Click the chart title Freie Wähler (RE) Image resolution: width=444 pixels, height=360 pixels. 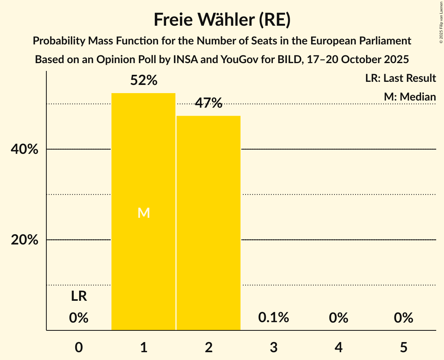tap(222, 20)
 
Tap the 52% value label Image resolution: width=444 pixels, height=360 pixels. tap(143, 81)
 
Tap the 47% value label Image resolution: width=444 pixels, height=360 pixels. tap(209, 103)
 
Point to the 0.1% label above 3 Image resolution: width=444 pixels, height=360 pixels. tap(274, 318)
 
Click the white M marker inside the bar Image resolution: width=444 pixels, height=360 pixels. tap(143, 213)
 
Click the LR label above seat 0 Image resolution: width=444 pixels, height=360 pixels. tap(79, 296)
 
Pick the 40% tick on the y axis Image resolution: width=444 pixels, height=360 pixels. tap(25, 150)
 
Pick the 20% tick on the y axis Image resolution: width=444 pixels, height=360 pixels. tap(25, 240)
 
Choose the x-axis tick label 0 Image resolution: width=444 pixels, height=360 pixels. tap(79, 347)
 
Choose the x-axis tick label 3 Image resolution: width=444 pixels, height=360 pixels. tap(274, 347)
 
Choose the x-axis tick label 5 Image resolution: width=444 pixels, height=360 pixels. tap(403, 347)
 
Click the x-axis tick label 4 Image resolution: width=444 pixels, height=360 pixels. tap(338, 347)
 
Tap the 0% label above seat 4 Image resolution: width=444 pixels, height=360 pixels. tap(338, 318)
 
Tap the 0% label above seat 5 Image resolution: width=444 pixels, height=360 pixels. tap(403, 318)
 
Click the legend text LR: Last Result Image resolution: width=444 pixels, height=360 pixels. tap(400, 78)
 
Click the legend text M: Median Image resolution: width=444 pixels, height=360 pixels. tap(410, 97)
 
